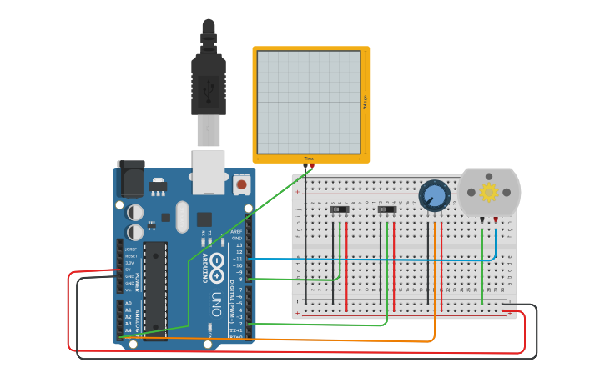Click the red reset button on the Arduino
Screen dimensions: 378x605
point(241,184)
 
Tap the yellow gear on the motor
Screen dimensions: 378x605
point(489,193)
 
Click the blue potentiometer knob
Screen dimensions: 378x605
point(435,196)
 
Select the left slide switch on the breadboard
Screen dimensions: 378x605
point(340,210)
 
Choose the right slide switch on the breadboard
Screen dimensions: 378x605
point(387,210)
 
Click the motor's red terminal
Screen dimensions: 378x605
point(497,219)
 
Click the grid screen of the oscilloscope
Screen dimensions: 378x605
point(309,102)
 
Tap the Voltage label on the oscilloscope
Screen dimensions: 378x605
point(365,102)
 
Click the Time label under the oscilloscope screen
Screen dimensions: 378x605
point(309,158)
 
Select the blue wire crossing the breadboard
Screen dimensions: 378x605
point(376,259)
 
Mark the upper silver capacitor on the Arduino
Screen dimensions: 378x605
point(135,213)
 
